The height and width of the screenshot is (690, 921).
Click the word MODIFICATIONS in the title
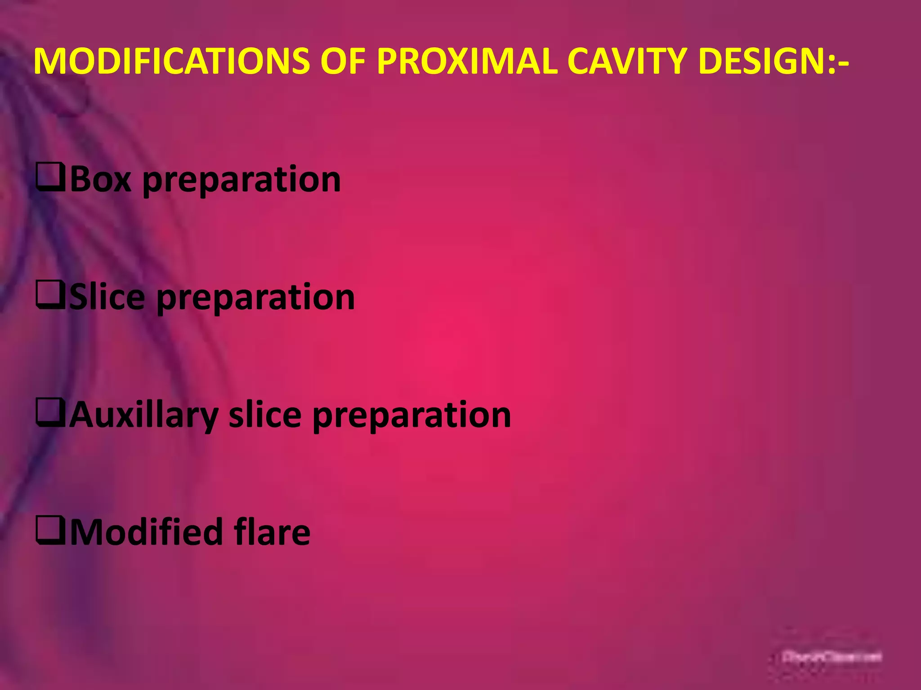(171, 61)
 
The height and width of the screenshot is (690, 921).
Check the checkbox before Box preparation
(50, 178)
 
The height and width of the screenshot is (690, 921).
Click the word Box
(101, 179)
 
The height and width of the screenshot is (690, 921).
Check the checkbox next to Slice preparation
(50, 296)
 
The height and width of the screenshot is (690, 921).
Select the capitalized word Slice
(107, 297)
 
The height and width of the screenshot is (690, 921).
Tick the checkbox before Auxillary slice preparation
(50, 413)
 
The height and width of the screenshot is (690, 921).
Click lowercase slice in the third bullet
(265, 415)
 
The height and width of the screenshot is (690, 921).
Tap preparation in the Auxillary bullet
(411, 416)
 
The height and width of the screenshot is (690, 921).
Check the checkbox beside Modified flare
(50, 531)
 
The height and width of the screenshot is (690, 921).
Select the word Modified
(146, 532)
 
